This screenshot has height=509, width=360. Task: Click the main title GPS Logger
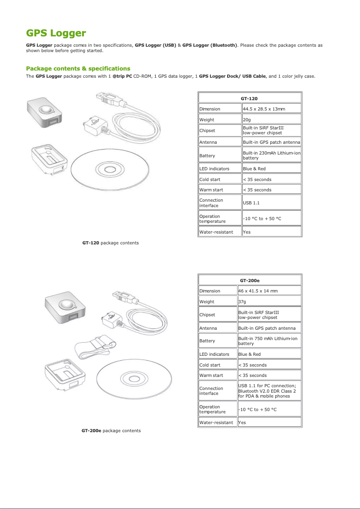tap(56, 33)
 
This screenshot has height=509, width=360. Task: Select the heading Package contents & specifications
tap(78, 68)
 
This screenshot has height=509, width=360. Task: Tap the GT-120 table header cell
tap(249, 98)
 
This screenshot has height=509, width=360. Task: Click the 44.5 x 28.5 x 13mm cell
tap(271, 109)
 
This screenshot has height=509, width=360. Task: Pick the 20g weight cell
tap(271, 120)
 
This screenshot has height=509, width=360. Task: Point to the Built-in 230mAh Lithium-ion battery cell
tap(271, 155)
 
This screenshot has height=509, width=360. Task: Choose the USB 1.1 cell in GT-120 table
tap(271, 203)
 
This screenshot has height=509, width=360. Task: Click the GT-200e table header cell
tap(250, 280)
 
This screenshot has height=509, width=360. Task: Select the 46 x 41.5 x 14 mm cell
tap(269, 291)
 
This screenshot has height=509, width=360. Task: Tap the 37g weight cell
tap(269, 301)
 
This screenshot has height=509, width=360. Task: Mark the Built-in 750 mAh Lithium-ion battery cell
tap(269, 341)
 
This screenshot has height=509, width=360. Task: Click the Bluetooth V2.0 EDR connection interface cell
tap(269, 391)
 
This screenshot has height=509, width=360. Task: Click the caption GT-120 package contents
tap(110, 243)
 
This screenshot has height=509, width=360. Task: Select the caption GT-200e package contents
tap(111, 430)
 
